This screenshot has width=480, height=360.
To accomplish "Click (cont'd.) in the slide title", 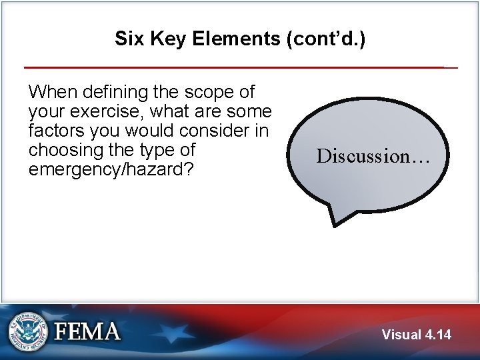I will click(325, 39).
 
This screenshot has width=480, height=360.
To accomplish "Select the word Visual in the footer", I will click(401, 335).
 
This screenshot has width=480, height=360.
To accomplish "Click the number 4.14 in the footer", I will click(437, 335).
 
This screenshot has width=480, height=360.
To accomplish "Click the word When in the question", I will click(53, 91).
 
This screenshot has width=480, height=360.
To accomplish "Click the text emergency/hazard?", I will click(111, 169).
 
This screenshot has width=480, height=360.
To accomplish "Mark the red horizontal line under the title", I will click(233, 67).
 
